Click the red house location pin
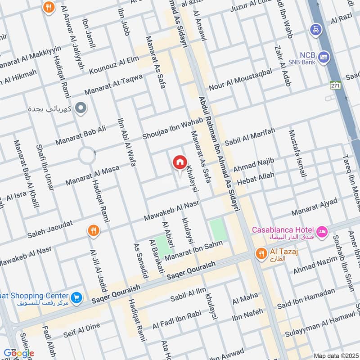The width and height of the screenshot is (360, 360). click(x=180, y=162)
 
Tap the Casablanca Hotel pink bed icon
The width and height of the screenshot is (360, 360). click(x=322, y=232)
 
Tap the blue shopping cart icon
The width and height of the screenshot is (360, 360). click(x=77, y=297)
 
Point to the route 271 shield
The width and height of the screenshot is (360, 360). click(x=334, y=85)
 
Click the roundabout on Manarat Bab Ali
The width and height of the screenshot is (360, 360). click(x=86, y=156)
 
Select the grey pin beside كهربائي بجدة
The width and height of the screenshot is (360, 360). click(x=81, y=108)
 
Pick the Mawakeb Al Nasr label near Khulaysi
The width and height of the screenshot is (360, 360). click(x=171, y=211)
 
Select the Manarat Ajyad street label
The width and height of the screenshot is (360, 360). click(x=315, y=207)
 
